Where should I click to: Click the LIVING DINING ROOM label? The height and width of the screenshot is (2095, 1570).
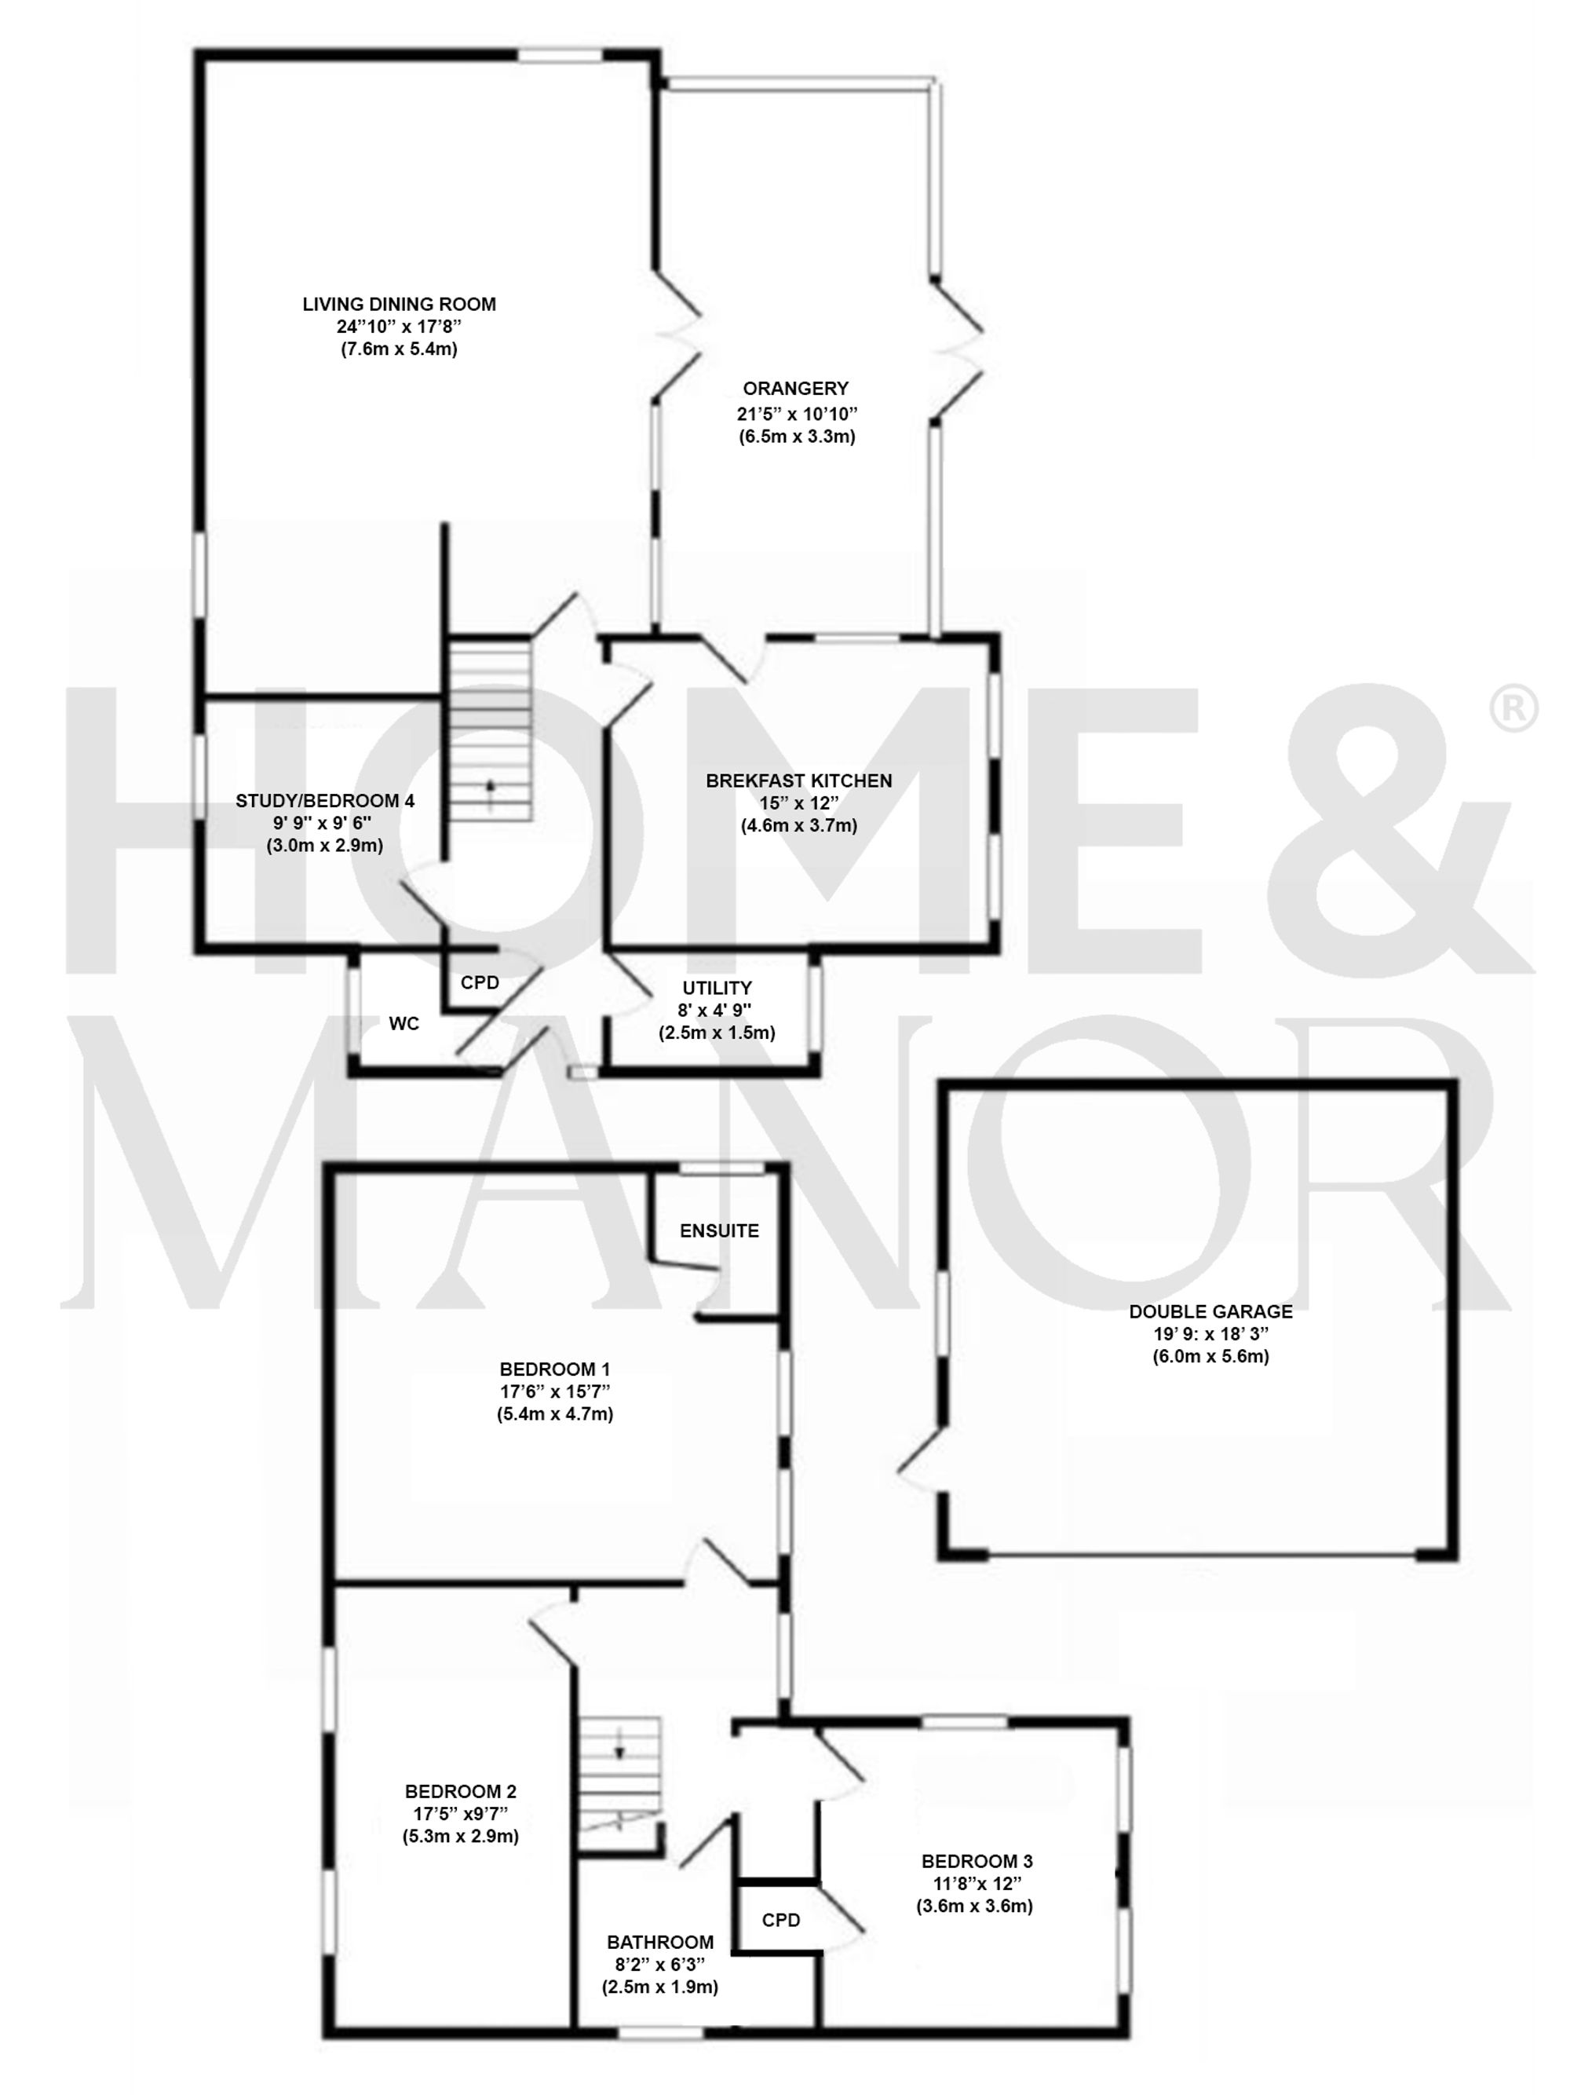click(x=399, y=304)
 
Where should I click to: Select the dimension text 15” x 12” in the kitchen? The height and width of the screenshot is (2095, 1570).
click(x=798, y=803)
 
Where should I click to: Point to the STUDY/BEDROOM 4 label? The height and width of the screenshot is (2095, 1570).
click(x=325, y=800)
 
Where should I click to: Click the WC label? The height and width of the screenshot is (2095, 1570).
click(x=403, y=1024)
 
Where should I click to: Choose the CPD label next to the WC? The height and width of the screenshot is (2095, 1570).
click(x=479, y=983)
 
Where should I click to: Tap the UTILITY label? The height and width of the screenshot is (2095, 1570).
click(x=717, y=988)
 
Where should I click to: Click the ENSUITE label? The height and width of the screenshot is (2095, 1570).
click(x=719, y=1230)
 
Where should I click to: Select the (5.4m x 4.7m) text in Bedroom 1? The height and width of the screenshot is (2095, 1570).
click(x=555, y=1414)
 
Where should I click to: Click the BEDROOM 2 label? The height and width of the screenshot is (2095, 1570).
click(x=460, y=1791)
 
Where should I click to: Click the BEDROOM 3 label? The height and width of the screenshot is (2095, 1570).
click(x=973, y=1861)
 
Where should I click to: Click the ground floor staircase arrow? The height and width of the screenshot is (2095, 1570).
click(x=491, y=787)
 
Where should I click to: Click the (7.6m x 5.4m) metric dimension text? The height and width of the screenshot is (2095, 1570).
click(x=399, y=349)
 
